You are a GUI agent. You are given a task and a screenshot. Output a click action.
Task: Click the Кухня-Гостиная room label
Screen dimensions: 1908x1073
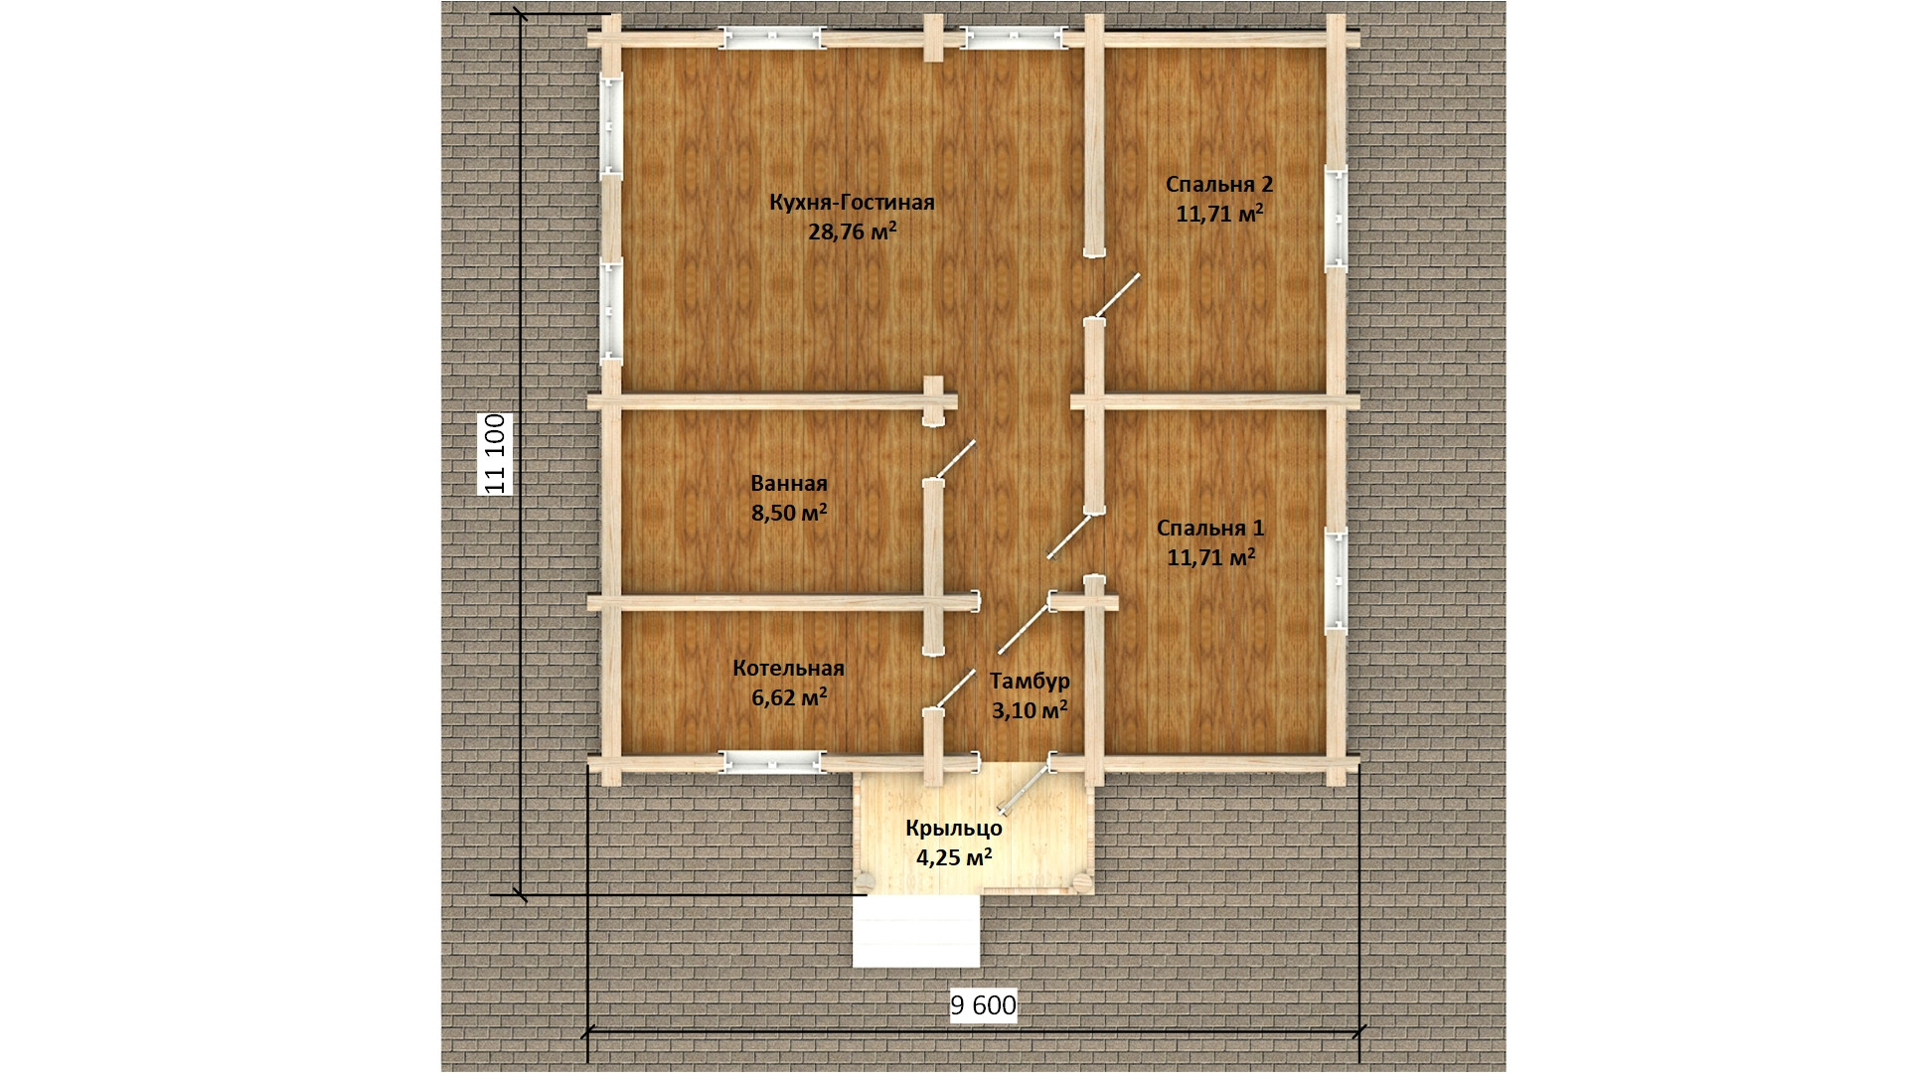pos(852,203)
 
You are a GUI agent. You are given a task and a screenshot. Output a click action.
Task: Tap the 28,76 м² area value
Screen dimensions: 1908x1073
pos(853,232)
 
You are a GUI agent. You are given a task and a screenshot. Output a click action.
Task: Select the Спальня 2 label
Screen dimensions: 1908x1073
pos(1218,184)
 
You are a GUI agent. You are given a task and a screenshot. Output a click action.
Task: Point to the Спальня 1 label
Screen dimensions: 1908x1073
pos(1210,528)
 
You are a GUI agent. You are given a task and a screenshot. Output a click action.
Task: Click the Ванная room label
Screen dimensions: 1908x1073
pos(789,484)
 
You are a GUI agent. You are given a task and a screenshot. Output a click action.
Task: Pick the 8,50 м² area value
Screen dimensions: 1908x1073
pos(790,513)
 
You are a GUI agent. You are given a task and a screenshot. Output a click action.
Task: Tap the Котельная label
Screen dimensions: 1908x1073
pos(788,669)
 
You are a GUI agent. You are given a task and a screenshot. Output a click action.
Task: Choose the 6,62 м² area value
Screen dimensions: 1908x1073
pos(790,697)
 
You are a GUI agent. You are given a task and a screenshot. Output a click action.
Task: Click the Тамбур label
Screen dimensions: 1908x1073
pos(1030,681)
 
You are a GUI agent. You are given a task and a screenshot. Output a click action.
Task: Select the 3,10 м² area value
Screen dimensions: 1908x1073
pos(1030,709)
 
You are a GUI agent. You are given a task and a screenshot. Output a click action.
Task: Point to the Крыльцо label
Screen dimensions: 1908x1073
pos(953,829)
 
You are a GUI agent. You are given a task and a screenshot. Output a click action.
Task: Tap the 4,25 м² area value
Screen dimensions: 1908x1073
pos(954,856)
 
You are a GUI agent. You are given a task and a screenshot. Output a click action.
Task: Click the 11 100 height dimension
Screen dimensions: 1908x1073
pos(496,454)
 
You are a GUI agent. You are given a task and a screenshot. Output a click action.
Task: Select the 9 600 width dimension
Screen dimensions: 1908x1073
pos(984,1006)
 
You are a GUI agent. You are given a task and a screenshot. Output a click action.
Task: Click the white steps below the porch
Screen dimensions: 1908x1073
pos(915,931)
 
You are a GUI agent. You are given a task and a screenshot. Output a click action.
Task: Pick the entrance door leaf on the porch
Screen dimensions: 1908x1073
pos(1026,787)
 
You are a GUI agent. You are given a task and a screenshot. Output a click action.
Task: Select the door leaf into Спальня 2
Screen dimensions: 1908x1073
pos(1116,297)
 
